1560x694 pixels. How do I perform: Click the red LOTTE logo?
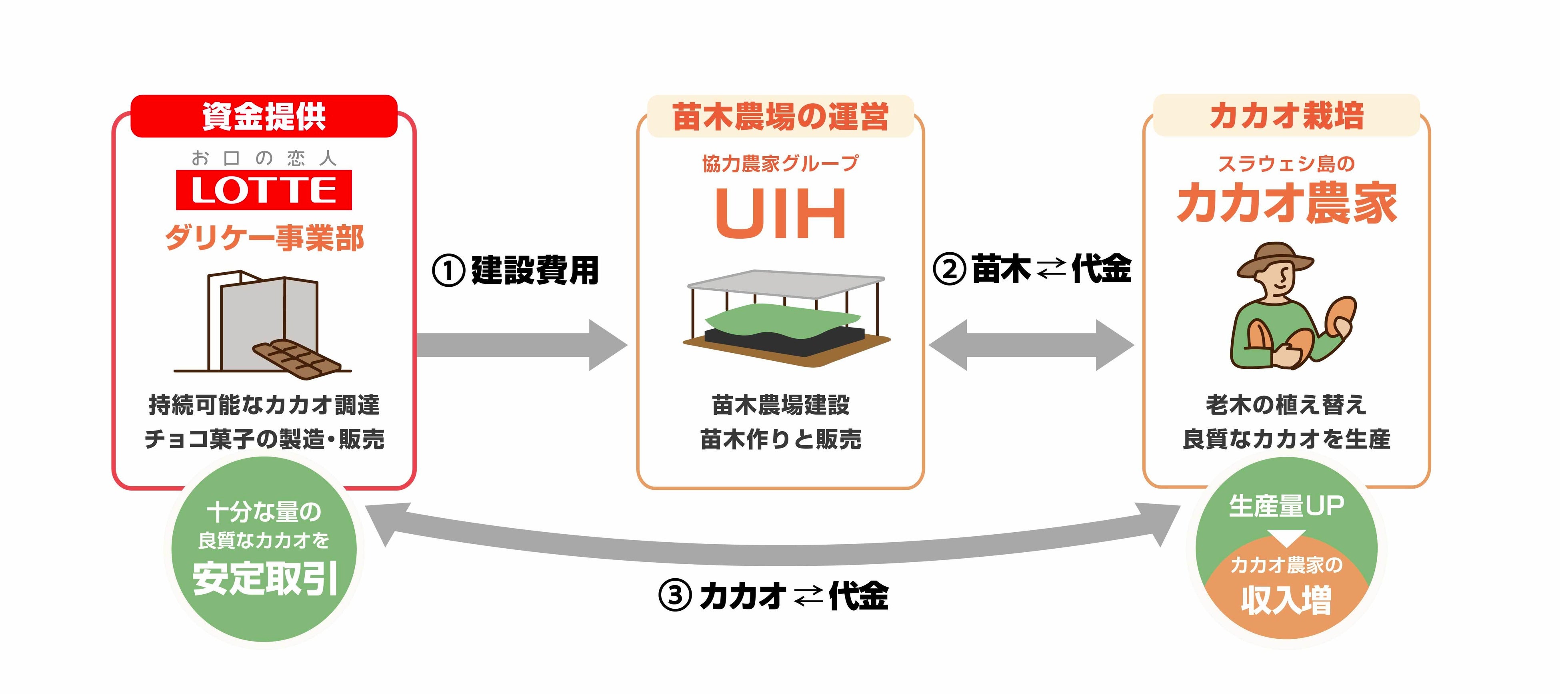[x=264, y=190]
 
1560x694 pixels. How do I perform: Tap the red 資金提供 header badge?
[x=264, y=116]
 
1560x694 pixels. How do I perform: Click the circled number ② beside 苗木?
[x=950, y=269]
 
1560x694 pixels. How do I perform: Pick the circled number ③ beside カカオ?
[x=675, y=596]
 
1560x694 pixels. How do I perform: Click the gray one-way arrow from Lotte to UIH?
[x=522, y=345]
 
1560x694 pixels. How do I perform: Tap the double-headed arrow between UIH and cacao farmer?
[x=1031, y=345]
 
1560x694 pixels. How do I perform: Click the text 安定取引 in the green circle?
[x=265, y=578]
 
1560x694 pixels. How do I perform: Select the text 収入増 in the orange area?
[x=1286, y=600]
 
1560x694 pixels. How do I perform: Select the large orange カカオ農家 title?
[x=1287, y=203]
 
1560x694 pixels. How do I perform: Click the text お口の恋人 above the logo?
[x=264, y=158]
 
